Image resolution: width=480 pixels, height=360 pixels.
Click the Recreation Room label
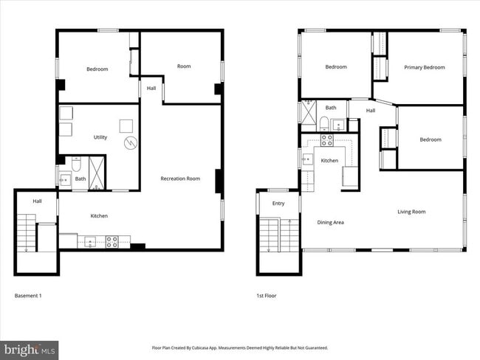(x=181, y=179)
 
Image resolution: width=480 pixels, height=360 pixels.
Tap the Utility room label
(x=100, y=137)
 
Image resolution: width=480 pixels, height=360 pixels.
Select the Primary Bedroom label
(x=424, y=67)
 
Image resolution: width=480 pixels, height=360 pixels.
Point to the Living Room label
(x=411, y=212)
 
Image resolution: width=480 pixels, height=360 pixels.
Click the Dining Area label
(x=330, y=222)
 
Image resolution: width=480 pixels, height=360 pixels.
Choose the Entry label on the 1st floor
(x=278, y=204)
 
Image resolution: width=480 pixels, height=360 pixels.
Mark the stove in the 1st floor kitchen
(x=327, y=139)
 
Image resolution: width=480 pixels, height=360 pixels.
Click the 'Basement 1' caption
(x=29, y=295)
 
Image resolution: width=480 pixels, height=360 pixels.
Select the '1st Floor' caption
(x=266, y=295)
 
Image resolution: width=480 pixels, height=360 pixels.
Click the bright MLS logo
(x=30, y=348)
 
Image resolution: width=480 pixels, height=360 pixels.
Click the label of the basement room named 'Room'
(x=184, y=66)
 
